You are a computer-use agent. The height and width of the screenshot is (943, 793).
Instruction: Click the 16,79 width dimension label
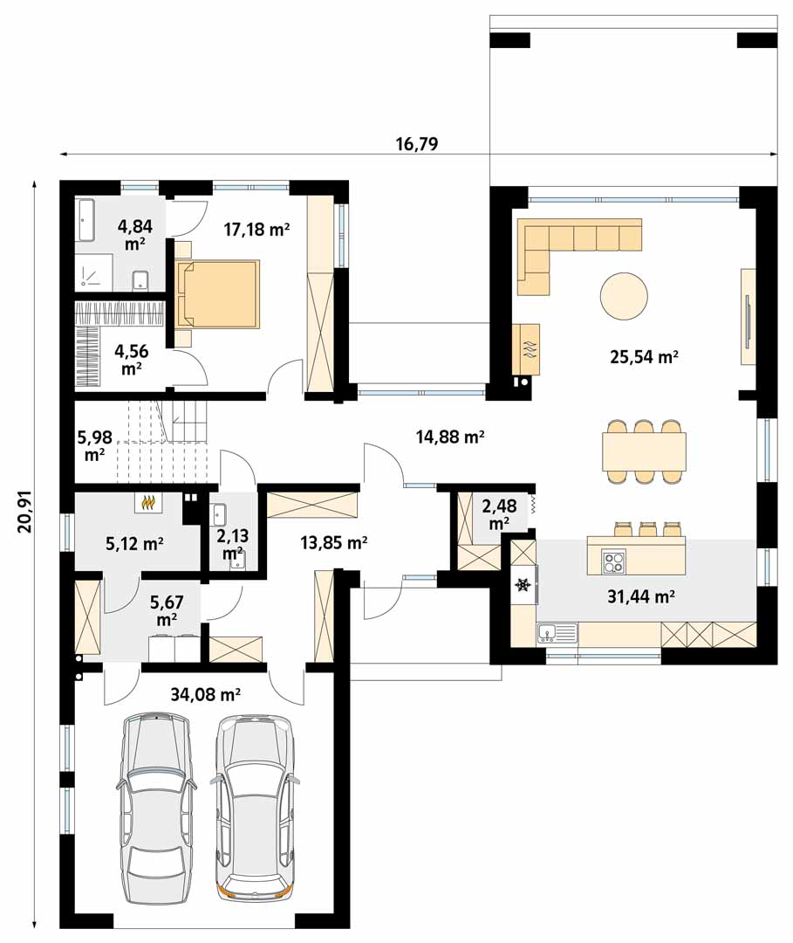[416, 144]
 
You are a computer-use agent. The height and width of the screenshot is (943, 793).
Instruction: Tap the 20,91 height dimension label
[24, 513]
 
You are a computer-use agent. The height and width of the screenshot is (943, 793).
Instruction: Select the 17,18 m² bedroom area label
[257, 229]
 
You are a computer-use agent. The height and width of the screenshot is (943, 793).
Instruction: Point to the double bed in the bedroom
[217, 294]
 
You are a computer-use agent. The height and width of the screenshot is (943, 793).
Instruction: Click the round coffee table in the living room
[624, 296]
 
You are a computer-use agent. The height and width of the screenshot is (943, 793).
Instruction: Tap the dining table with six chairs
[644, 451]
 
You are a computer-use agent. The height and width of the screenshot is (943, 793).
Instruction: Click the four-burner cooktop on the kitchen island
[613, 561]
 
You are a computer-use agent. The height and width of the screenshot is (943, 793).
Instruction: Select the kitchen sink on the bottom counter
[557, 633]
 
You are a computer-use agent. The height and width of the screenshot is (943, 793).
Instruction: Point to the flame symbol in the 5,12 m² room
[148, 502]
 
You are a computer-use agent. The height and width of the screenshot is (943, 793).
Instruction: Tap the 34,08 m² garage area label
[206, 695]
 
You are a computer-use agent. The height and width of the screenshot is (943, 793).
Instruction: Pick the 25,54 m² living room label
[644, 357]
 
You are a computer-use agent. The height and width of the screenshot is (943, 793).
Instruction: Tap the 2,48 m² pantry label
[499, 514]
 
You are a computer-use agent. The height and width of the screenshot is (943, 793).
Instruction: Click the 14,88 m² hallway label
[450, 437]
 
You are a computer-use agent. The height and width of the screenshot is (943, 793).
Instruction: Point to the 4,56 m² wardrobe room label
[131, 359]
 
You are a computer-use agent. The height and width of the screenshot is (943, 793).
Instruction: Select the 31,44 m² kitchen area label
[640, 596]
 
